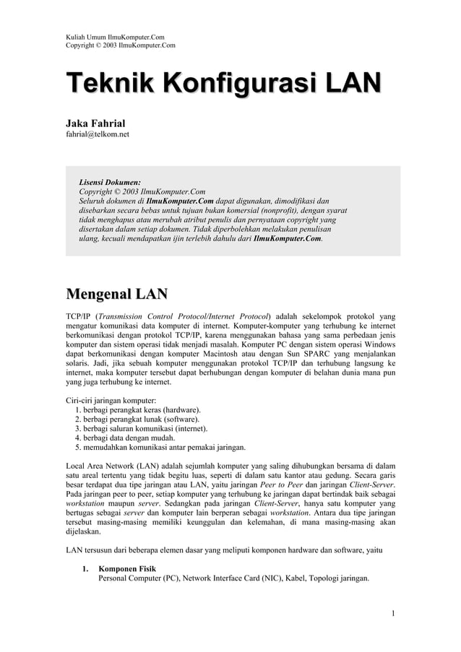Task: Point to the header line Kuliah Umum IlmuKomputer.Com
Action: click(115, 36)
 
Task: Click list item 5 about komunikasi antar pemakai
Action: click(160, 447)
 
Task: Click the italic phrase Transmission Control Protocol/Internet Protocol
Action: click(184, 316)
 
